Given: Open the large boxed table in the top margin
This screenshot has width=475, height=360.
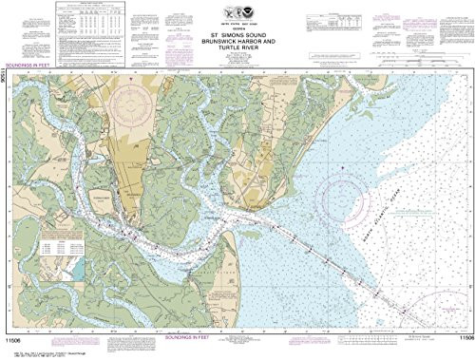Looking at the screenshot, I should [91, 26].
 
